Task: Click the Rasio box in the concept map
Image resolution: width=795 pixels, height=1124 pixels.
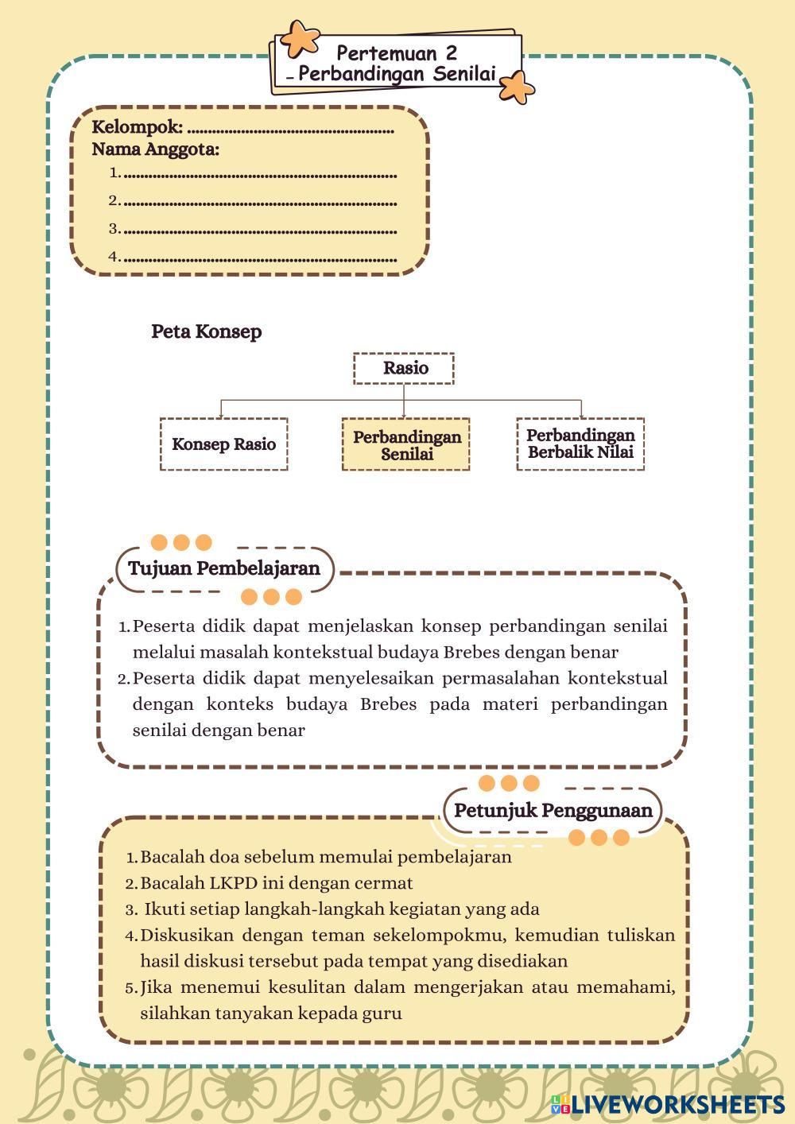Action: coord(404,368)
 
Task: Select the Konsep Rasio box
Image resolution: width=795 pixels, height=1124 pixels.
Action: coord(223,444)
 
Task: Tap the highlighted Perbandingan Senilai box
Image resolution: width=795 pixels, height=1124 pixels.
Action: coord(406,445)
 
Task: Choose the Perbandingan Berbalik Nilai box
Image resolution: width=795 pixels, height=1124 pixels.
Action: coord(580,444)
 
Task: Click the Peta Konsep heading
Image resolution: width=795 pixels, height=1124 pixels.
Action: coord(206,331)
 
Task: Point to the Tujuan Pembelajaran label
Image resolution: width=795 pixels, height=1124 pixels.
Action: coord(223,568)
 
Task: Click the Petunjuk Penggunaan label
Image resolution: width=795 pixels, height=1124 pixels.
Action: coord(553,811)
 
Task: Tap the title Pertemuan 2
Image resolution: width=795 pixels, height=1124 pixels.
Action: coord(397,53)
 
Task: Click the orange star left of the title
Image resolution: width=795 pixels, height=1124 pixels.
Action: coord(301,37)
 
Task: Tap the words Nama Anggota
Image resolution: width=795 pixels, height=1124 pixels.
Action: coord(155,149)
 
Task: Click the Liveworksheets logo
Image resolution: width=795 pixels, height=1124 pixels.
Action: coord(667,1103)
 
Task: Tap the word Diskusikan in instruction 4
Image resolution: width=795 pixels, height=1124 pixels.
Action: coord(186,935)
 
